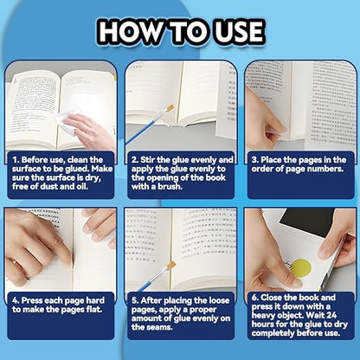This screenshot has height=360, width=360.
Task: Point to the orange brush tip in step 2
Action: click(x=170, y=108)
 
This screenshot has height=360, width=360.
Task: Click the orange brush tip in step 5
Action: click(x=171, y=266)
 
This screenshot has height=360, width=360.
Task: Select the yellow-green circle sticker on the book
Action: click(x=301, y=268)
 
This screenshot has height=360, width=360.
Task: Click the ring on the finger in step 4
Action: click(x=14, y=261)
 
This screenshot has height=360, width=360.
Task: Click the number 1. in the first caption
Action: click(x=16, y=160)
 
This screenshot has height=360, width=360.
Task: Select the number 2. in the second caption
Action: click(x=135, y=160)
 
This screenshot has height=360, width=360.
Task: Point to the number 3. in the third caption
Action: click(x=255, y=160)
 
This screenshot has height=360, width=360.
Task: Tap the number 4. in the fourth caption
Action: click(x=16, y=300)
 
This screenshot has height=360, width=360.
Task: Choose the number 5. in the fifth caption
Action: click(x=135, y=300)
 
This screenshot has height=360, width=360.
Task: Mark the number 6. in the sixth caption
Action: click(x=255, y=298)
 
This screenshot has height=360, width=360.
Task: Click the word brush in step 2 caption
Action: click(x=170, y=186)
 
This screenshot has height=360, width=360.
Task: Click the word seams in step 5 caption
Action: click(x=159, y=327)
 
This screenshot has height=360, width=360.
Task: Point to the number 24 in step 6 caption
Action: click(x=331, y=315)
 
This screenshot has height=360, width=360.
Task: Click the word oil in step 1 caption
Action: click(x=81, y=186)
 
